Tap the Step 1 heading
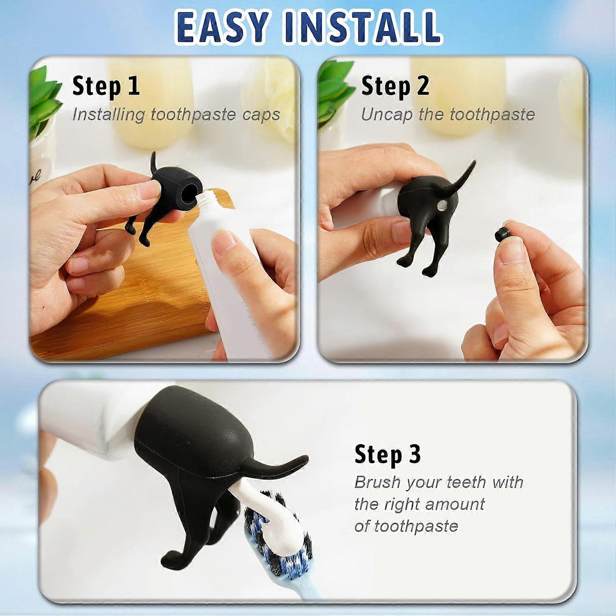tap(106, 86)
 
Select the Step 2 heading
tap(395, 86)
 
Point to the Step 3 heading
tap(388, 454)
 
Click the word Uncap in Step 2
tap(386, 115)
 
